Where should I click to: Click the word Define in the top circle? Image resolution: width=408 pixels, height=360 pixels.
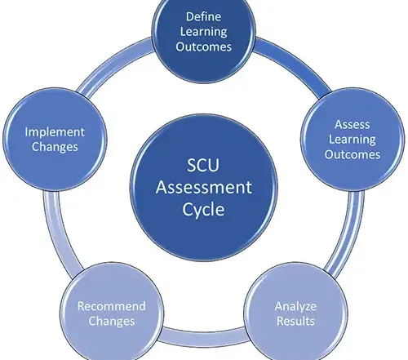203,16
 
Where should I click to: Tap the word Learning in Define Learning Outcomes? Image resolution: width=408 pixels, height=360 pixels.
203,32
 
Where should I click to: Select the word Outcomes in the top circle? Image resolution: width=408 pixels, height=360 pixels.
203,47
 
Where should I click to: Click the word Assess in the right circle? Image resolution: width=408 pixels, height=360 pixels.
352,125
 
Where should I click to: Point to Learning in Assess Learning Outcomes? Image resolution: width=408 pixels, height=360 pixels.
353,140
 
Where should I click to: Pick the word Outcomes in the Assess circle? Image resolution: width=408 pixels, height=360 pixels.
353,154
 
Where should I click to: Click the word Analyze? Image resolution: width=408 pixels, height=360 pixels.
295,307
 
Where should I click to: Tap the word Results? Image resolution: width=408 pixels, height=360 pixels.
295,321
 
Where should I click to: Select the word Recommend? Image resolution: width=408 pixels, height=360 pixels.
112,306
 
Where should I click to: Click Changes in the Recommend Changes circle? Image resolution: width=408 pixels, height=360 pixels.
112,322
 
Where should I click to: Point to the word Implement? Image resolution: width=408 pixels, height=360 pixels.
55,132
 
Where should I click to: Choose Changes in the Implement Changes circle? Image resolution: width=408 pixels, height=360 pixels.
55,147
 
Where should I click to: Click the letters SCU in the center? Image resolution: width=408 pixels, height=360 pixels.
203,165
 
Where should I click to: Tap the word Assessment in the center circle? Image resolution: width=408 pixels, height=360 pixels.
204,188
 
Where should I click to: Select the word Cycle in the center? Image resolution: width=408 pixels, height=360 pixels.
203,210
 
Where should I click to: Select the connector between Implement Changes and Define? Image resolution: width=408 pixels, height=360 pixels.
113,64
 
